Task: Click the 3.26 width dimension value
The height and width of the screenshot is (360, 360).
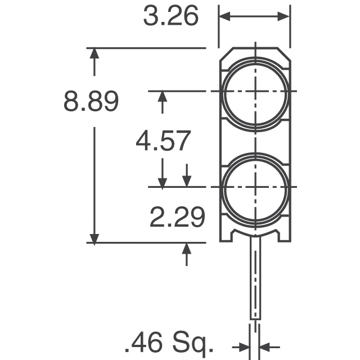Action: click(170, 16)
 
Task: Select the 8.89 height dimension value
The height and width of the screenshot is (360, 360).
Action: click(91, 103)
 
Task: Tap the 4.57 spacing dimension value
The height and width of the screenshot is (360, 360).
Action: click(163, 141)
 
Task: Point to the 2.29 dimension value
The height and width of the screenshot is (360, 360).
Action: click(177, 217)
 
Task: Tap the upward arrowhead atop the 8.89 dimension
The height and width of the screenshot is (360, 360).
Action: click(94, 55)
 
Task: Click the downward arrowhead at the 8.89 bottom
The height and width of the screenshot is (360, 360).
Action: click(94, 237)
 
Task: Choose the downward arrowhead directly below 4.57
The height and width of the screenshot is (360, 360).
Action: click(163, 181)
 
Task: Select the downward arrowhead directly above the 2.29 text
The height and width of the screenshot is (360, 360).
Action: click(187, 181)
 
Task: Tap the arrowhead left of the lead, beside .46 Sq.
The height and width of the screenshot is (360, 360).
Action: click(244, 346)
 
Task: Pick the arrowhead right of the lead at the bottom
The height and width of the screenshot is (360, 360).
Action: click(266, 346)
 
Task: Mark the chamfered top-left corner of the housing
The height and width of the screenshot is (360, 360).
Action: click(224, 54)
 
